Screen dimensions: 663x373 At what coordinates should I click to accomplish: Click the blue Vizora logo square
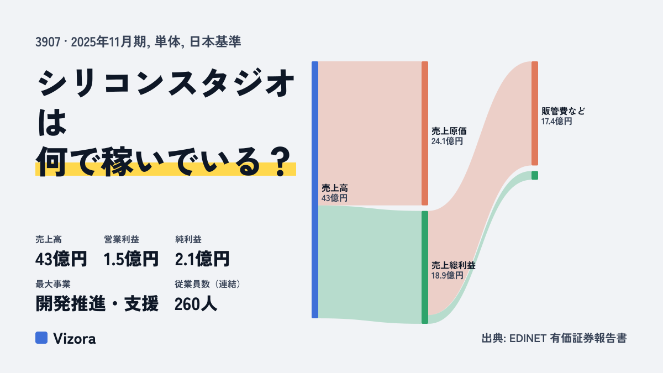[41, 338]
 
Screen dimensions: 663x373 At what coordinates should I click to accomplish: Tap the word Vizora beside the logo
[75, 339]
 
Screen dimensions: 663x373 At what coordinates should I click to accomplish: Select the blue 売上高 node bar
[315, 190]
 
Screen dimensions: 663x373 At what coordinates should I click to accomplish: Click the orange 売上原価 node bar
[425, 133]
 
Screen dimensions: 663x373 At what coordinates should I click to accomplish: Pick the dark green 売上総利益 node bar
[425, 267]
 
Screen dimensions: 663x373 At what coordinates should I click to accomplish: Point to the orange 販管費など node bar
[535, 113]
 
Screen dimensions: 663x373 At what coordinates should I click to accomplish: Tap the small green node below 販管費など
[535, 175]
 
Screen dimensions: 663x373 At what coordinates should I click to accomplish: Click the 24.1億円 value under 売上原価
[447, 141]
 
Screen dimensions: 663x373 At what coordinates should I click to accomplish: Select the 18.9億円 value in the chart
[447, 276]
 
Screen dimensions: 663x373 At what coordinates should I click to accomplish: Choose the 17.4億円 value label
[557, 122]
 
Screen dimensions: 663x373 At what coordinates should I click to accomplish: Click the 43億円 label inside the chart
[334, 198]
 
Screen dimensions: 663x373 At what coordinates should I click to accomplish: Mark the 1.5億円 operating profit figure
[131, 259]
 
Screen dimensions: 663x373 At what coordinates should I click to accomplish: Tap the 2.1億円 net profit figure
[202, 259]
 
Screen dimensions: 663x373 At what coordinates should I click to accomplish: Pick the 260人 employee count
[196, 304]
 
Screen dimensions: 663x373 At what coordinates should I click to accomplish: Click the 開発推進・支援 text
[97, 304]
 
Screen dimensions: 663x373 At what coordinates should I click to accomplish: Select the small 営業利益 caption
[122, 239]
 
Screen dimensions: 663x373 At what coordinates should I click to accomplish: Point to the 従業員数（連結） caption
[208, 284]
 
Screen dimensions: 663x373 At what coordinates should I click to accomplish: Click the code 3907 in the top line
[48, 42]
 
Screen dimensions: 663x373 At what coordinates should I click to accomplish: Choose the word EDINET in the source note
[528, 338]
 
